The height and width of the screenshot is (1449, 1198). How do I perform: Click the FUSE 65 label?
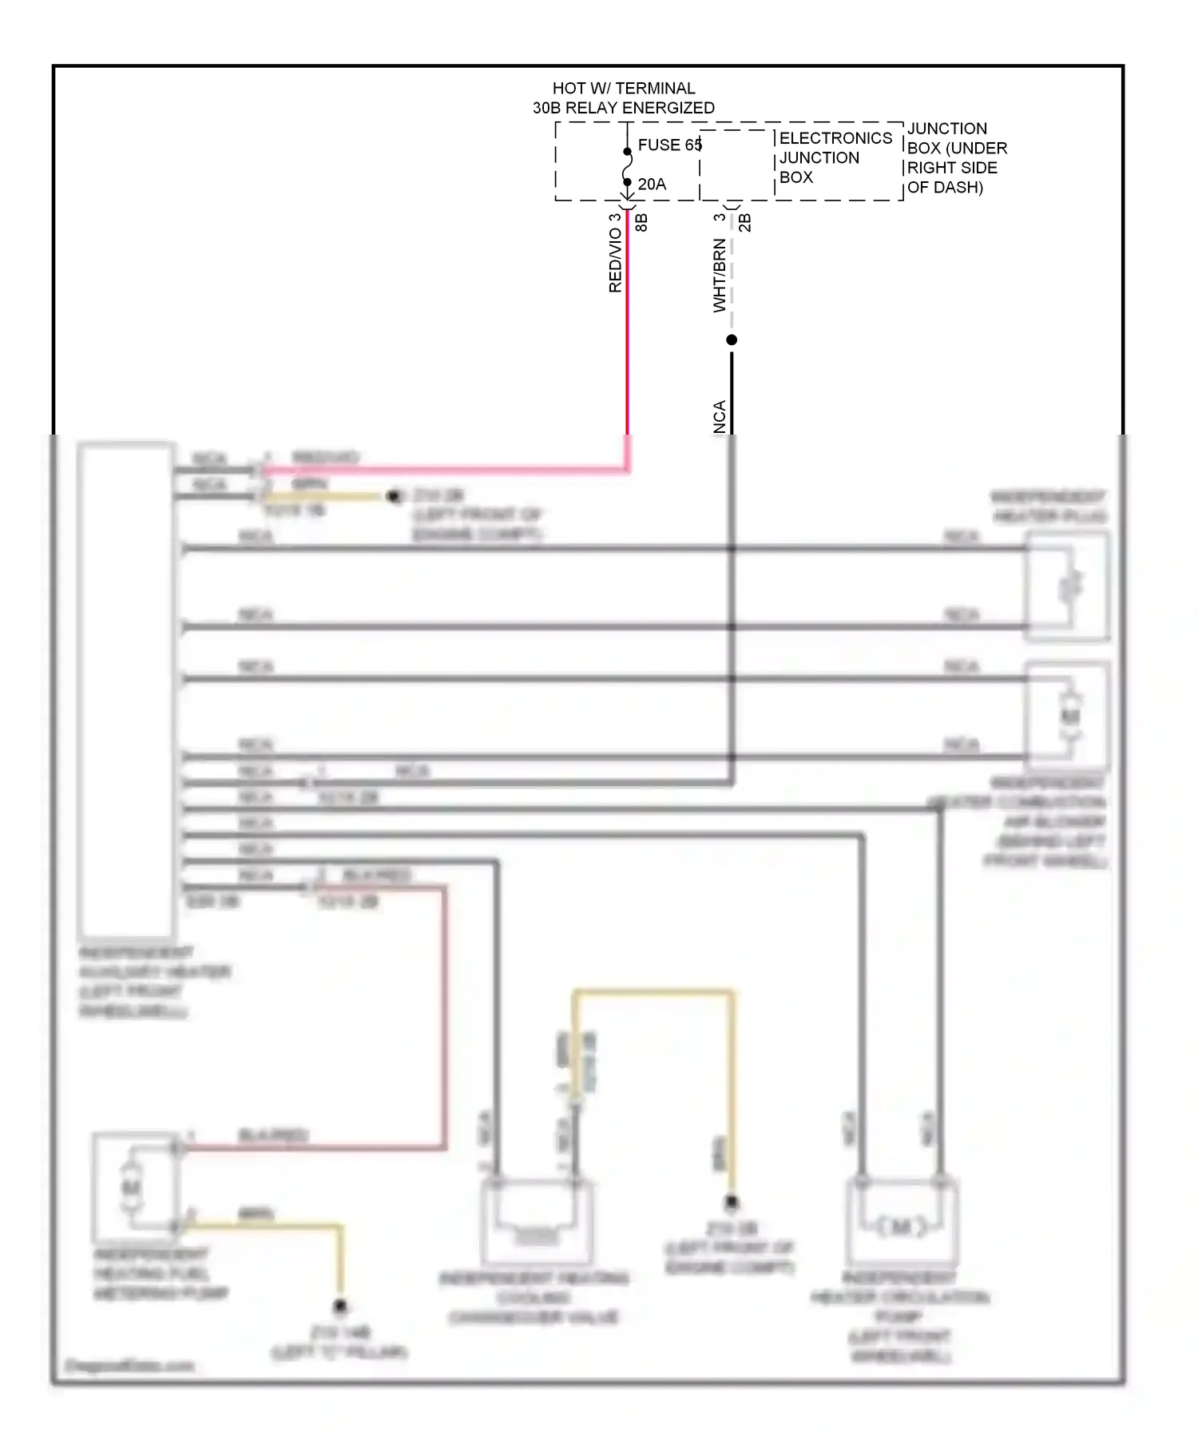point(669,145)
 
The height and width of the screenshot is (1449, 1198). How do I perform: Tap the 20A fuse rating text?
point(652,185)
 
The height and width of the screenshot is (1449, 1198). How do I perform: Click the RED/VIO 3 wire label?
point(615,253)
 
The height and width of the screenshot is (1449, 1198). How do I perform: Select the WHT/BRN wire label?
point(720,276)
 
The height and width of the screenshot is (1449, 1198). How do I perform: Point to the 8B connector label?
point(641,222)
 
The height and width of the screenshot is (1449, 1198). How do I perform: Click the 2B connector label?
point(745,222)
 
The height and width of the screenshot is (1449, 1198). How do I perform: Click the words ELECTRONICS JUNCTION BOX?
point(835,157)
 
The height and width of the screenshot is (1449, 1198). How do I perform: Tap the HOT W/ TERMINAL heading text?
point(624,88)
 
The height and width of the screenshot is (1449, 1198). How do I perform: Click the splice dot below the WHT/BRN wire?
point(732,340)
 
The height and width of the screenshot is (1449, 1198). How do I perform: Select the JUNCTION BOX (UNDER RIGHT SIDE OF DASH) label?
point(956,157)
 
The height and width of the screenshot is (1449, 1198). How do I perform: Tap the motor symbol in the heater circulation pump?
point(901,1226)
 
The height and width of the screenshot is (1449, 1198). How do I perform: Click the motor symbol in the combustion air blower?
point(1070,716)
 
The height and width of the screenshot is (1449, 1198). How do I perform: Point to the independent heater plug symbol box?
point(1068,586)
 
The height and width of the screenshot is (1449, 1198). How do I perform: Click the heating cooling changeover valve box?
point(537,1222)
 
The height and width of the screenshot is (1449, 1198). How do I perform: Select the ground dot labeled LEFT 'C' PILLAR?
point(340,1307)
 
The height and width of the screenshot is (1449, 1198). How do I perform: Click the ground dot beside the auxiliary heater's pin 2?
point(393,497)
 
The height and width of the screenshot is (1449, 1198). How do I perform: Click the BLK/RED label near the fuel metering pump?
point(273,1135)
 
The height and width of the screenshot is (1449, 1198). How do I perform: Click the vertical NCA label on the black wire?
point(720,417)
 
